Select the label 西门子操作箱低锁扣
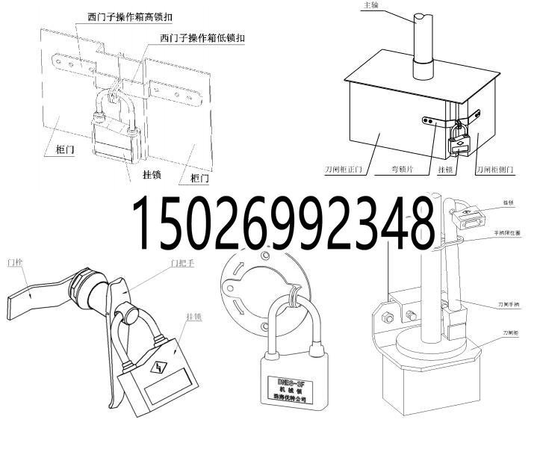pos(202,37)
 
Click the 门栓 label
pos(13,262)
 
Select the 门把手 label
pos(183,263)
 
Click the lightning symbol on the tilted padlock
pos(159,368)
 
